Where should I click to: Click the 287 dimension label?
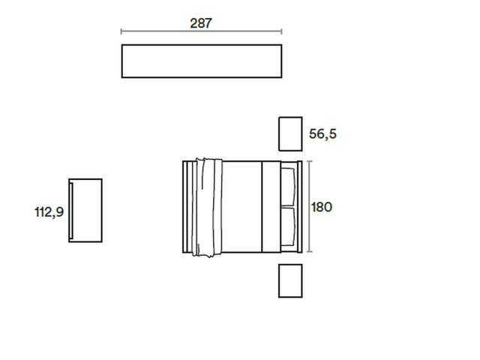[x=201, y=23]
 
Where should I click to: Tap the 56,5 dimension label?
[x=322, y=134]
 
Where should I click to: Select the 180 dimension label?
[x=322, y=207]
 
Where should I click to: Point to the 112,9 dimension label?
[x=49, y=211]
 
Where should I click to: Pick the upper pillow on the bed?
[x=288, y=187]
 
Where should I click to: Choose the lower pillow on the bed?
[x=288, y=226]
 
